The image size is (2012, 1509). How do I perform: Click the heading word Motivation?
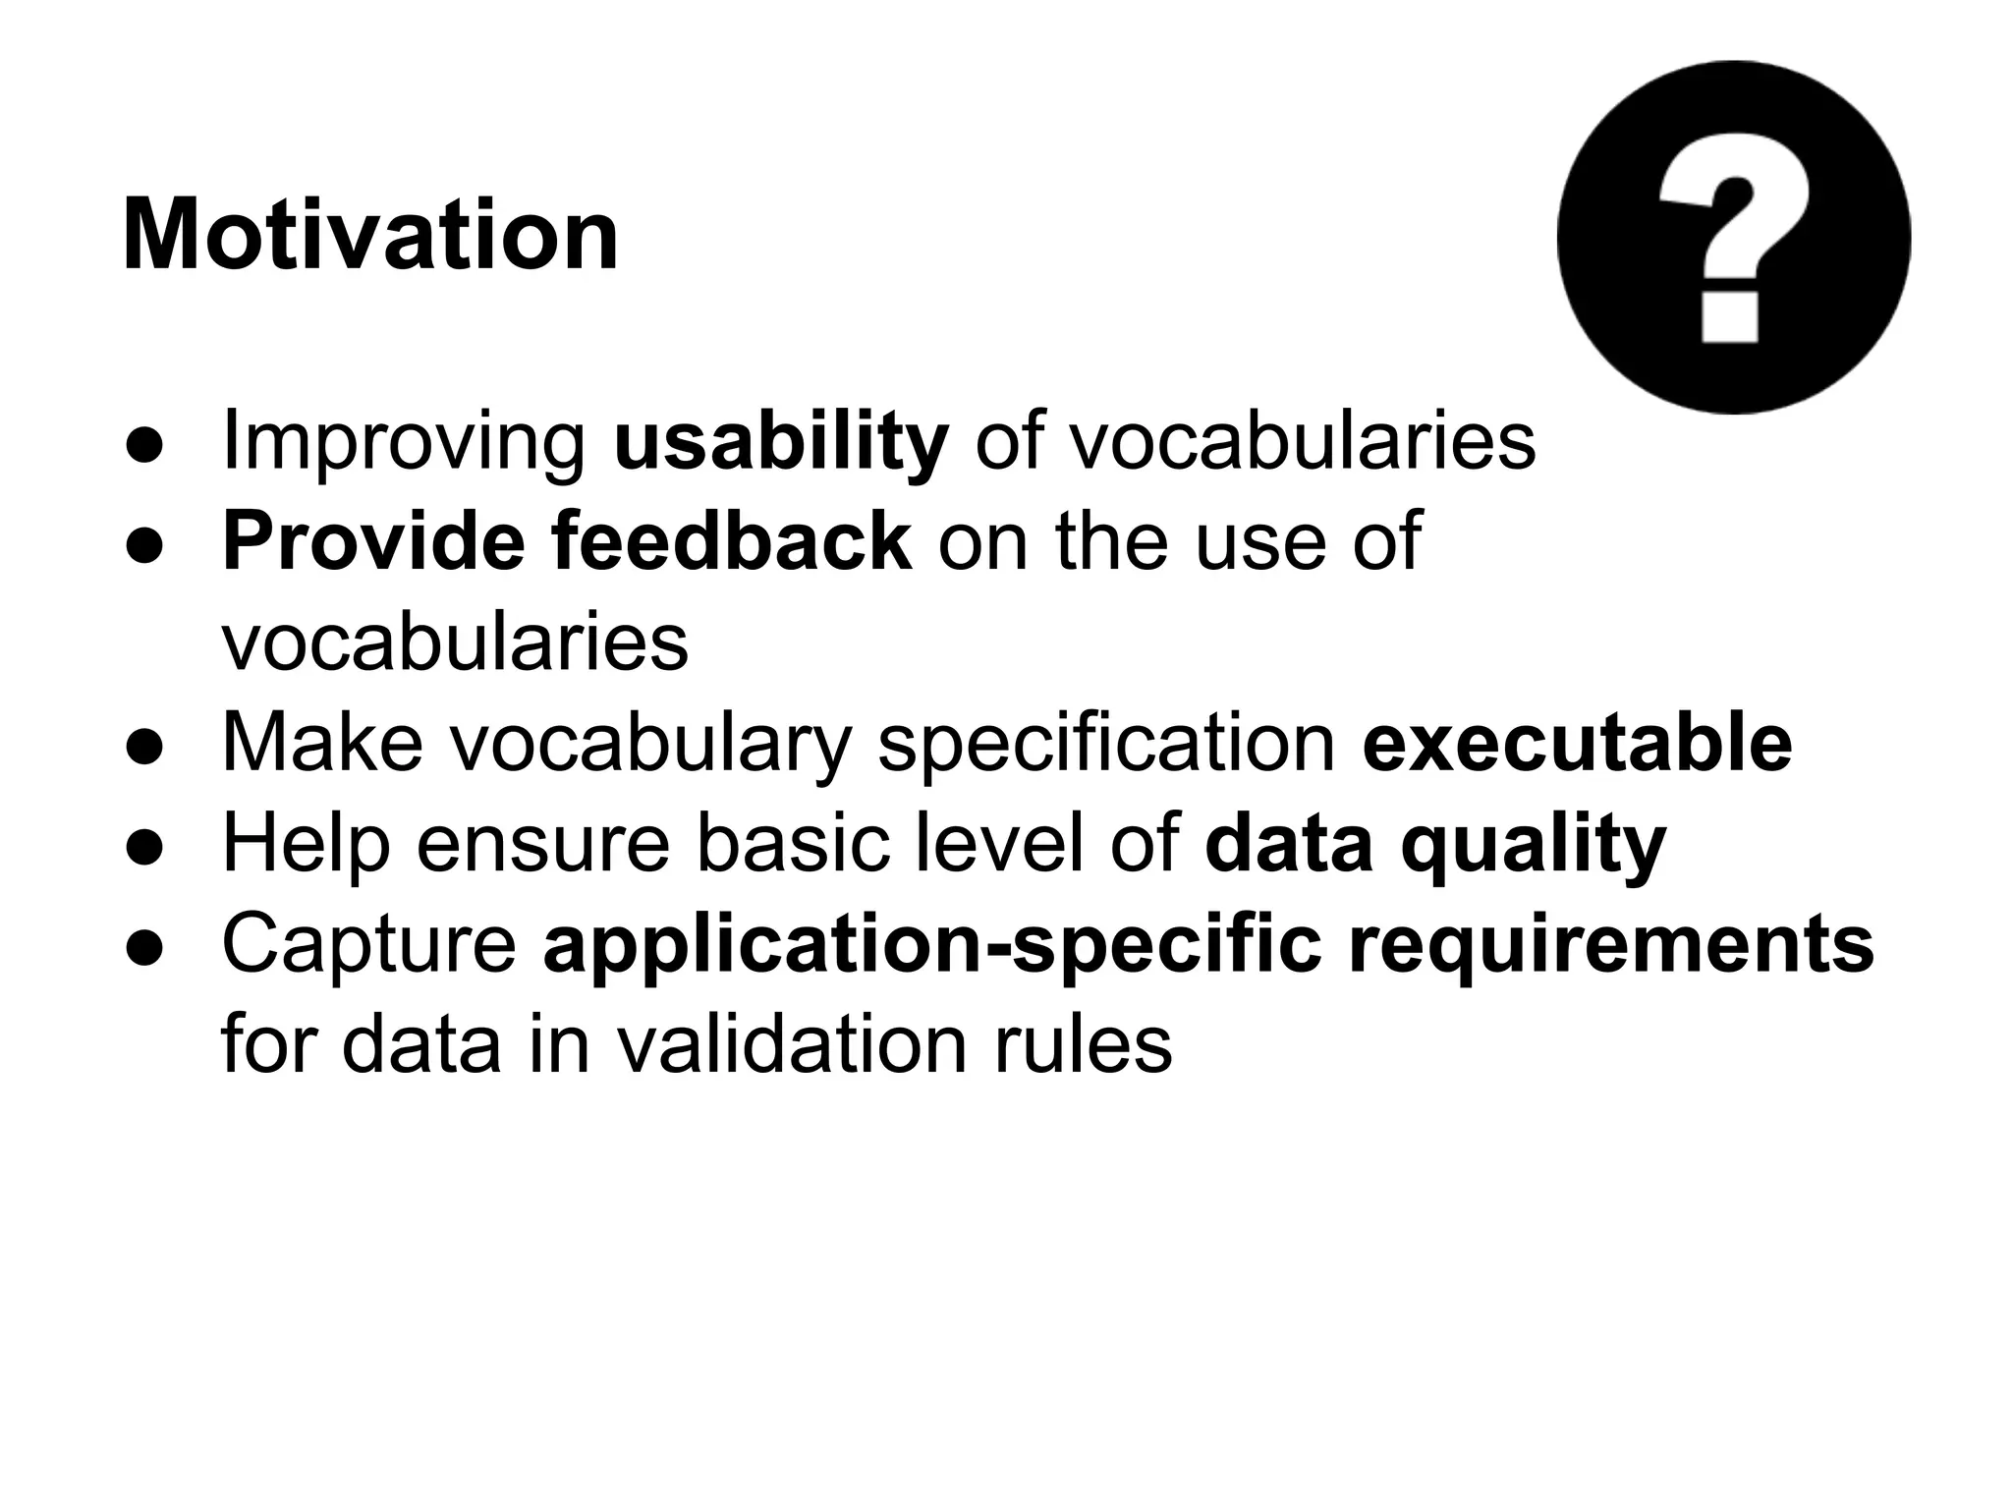[x=370, y=236]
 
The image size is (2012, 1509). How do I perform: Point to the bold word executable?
[x=1577, y=743]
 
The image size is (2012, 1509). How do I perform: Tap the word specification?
[x=1105, y=743]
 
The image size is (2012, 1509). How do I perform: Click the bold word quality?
[x=1533, y=844]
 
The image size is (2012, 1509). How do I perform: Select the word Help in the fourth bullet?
[x=307, y=844]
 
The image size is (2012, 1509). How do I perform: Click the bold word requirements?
[x=1611, y=944]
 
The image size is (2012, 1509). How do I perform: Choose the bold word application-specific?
[x=932, y=944]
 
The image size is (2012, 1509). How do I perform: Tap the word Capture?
[x=369, y=944]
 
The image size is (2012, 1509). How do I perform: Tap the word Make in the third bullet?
[x=322, y=743]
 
